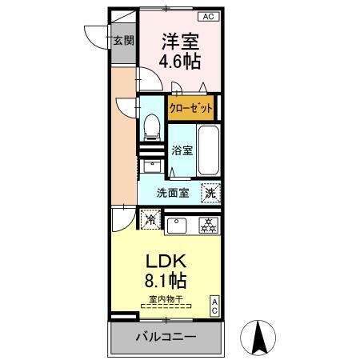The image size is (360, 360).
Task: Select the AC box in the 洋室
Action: tap(207, 16)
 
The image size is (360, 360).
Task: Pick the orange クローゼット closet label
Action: tap(190, 107)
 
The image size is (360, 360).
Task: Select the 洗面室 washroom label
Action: tap(172, 192)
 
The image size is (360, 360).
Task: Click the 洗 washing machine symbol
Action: tap(210, 192)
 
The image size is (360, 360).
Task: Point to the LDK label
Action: tap(166, 262)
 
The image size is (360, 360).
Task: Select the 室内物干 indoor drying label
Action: tap(166, 300)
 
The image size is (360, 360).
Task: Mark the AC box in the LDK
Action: tap(214, 305)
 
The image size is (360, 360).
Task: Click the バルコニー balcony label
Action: tap(165, 338)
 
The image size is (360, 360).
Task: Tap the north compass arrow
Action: tap(260, 338)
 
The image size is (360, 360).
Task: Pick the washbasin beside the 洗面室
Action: tap(150, 166)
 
